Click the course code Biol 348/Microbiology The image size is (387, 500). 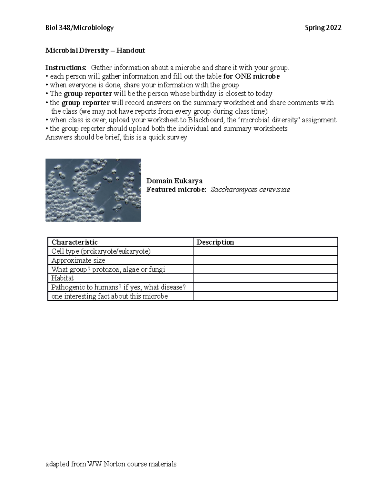pyautogui.click(x=79, y=28)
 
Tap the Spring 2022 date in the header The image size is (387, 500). pyautogui.click(x=323, y=28)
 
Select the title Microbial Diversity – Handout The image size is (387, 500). pyautogui.click(x=95, y=51)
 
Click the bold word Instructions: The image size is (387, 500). pyautogui.click(x=66, y=68)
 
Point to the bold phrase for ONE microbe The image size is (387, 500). pyautogui.click(x=251, y=76)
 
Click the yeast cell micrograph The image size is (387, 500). pyautogui.click(x=93, y=190)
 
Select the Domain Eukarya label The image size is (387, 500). pyautogui.click(x=174, y=181)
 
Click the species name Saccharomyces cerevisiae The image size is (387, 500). pyautogui.click(x=250, y=190)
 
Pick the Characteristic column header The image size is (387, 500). pyautogui.click(x=74, y=242)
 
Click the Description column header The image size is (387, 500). pyautogui.click(x=215, y=242)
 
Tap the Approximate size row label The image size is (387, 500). pyautogui.click(x=78, y=260)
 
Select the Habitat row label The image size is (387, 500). pyautogui.click(x=63, y=278)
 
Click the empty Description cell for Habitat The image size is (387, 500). pyautogui.click(x=265, y=278)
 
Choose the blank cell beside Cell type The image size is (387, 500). pyautogui.click(x=265, y=251)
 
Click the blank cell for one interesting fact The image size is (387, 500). pyautogui.click(x=265, y=296)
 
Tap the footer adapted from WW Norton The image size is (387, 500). pyautogui.click(x=111, y=464)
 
